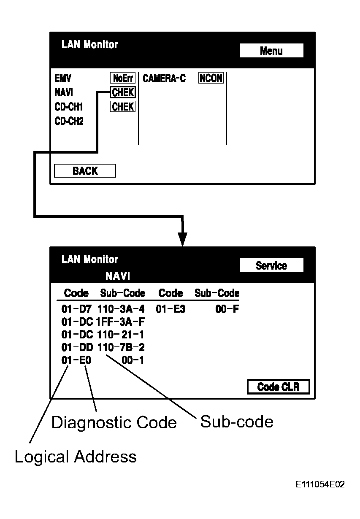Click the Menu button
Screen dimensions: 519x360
click(x=271, y=51)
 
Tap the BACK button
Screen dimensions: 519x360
click(x=85, y=171)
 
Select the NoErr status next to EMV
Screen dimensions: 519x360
click(x=122, y=78)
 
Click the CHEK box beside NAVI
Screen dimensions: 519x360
click(x=123, y=92)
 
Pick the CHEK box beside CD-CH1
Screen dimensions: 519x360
click(x=123, y=107)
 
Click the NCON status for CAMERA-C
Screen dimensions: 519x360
click(x=211, y=78)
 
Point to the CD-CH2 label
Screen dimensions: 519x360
click(x=69, y=122)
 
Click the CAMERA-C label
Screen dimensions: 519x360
click(x=164, y=78)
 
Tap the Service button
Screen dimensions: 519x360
click(x=271, y=266)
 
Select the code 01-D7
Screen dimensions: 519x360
click(x=76, y=309)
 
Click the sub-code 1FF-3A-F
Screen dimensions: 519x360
click(x=118, y=322)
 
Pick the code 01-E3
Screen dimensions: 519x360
click(x=171, y=309)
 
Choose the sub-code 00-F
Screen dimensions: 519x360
click(x=230, y=309)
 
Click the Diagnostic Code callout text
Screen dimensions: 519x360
click(x=114, y=422)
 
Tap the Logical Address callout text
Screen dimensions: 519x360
click(x=76, y=457)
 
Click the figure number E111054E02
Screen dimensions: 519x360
click(x=320, y=484)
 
